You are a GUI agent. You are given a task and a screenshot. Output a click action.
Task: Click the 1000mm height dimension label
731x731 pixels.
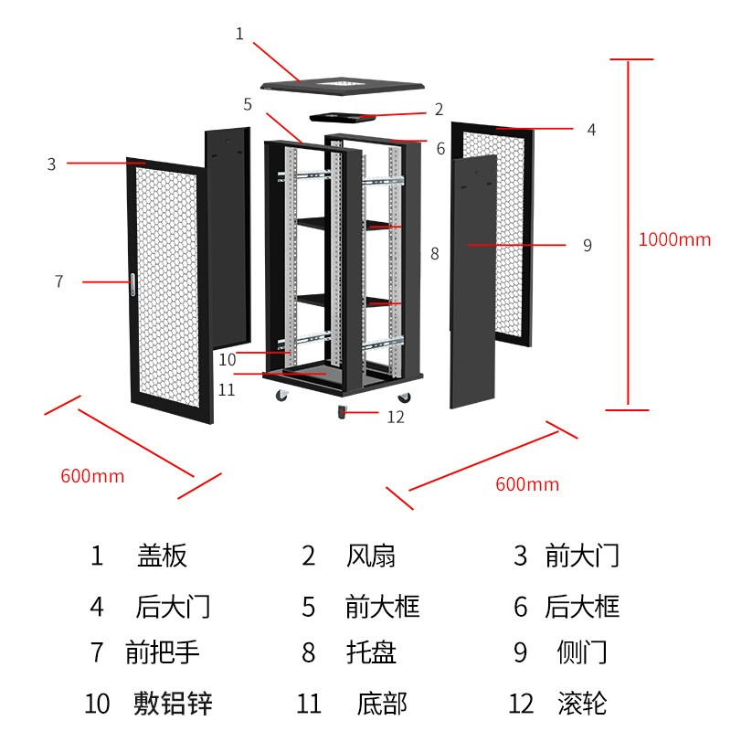[x=674, y=240]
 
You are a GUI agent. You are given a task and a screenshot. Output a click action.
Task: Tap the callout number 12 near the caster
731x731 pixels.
[x=395, y=418]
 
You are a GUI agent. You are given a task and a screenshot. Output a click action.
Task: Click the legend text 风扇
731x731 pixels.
[x=371, y=556]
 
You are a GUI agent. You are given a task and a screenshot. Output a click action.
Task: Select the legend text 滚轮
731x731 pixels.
[x=582, y=704]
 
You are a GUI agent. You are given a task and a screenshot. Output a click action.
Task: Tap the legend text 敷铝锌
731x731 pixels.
[x=173, y=704]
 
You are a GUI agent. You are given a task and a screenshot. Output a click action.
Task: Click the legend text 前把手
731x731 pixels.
[x=163, y=652]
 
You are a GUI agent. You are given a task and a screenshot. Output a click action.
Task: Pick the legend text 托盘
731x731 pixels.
[x=371, y=652]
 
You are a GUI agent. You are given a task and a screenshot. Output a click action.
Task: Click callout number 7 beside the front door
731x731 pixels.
[x=59, y=281]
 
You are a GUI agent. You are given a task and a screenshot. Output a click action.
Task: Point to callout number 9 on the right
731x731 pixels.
[x=588, y=245]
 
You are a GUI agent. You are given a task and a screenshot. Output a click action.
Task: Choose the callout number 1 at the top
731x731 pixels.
[x=239, y=34]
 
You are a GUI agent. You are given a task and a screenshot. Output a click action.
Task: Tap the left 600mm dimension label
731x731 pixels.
[x=92, y=476]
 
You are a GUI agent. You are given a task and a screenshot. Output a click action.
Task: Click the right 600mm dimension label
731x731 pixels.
[x=527, y=484]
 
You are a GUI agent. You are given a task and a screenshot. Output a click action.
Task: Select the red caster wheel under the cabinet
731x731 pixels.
[x=344, y=413]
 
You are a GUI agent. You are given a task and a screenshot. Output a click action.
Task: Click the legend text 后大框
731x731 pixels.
[x=582, y=607]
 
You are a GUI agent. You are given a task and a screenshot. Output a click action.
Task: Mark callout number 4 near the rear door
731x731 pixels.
[x=591, y=130]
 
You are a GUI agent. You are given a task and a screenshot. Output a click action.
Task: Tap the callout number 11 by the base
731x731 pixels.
[x=228, y=389]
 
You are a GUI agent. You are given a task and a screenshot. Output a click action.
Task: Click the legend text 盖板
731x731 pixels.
[x=162, y=556]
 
